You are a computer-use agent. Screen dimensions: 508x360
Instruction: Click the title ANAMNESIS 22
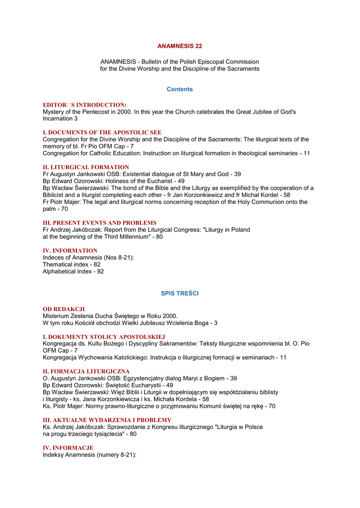pyautogui.click(x=180, y=46)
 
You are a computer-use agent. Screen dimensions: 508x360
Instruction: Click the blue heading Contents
pyautogui.click(x=180, y=89)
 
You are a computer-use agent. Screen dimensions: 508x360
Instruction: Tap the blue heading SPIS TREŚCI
pyautogui.click(x=180, y=294)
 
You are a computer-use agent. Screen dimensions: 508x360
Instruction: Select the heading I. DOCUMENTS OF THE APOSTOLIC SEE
pyautogui.click(x=102, y=132)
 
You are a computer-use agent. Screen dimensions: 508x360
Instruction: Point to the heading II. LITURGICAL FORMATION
pyautogui.click(x=86, y=167)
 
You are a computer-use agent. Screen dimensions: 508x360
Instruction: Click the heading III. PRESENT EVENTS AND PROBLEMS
pyautogui.click(x=99, y=223)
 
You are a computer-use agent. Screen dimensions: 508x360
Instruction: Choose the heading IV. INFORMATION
pyautogui.click(x=70, y=251)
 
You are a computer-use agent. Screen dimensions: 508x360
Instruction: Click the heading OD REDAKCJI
pyautogui.click(x=64, y=309)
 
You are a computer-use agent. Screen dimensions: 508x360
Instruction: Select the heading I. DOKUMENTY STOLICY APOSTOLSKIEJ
pyautogui.click(x=104, y=337)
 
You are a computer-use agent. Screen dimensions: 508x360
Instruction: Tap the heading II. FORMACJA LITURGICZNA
pyautogui.click(x=86, y=371)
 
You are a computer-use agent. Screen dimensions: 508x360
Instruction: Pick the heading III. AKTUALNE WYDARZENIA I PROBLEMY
pyautogui.click(x=107, y=420)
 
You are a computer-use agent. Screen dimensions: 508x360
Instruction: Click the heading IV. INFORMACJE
pyautogui.click(x=68, y=447)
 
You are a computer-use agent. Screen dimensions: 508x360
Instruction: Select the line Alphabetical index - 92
pyautogui.click(x=73, y=271)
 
